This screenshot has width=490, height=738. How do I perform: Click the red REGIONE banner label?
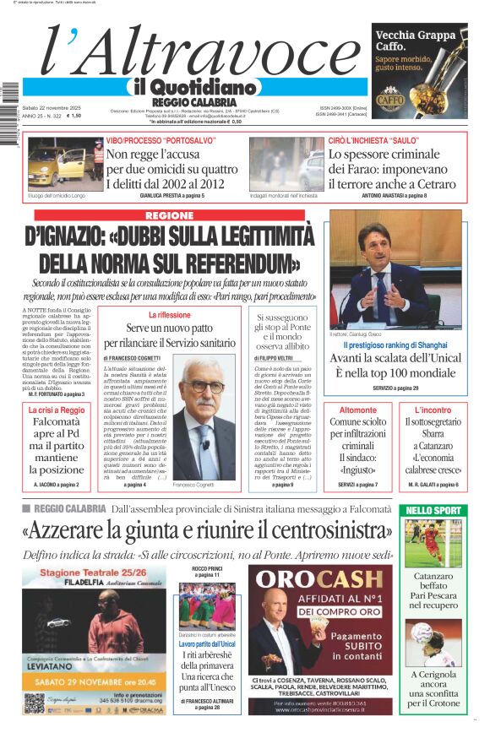click(x=168, y=216)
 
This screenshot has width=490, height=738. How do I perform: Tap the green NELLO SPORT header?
click(x=434, y=510)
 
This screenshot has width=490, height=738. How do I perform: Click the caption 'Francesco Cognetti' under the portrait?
click(x=195, y=484)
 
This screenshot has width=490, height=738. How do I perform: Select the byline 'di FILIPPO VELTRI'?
click(x=274, y=358)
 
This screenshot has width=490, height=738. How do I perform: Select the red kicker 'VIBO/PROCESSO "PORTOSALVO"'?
click(x=157, y=138)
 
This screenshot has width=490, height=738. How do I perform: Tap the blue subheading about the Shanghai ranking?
click(x=395, y=345)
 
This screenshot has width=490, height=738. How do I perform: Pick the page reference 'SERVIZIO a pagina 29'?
click(x=395, y=388)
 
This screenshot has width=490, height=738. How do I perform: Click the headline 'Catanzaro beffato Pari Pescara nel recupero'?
click(x=433, y=593)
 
